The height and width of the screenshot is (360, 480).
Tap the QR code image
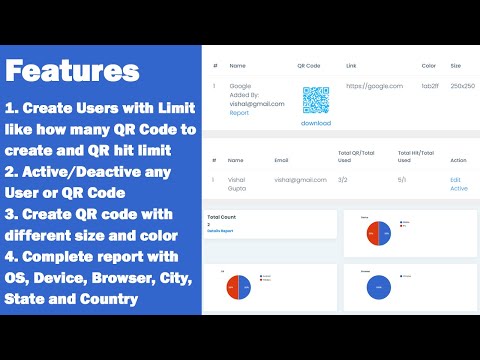316,100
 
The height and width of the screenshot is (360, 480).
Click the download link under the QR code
316,123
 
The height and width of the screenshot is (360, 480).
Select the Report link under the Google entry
239,113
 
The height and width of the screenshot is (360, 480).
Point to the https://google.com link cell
374,86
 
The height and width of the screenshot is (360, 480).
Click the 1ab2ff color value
430,86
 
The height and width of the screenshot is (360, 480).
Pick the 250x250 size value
461,86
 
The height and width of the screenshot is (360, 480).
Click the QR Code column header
310,66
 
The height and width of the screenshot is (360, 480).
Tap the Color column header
429,66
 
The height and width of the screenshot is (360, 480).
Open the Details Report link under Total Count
221,231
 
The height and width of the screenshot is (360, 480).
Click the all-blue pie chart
380,288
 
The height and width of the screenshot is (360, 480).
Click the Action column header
458,158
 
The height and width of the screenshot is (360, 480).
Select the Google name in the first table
240,86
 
